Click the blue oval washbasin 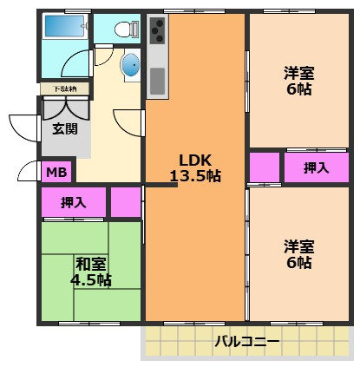pos(129,65)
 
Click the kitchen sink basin pos(158,81)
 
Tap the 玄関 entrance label pos(64,129)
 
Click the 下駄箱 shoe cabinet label pos(64,88)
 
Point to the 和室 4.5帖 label pos(91,271)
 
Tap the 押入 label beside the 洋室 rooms pos(316,168)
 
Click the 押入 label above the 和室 pos(73,202)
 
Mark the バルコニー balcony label pos(247,341)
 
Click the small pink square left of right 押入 pos(265,167)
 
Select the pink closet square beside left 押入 pos(126,202)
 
